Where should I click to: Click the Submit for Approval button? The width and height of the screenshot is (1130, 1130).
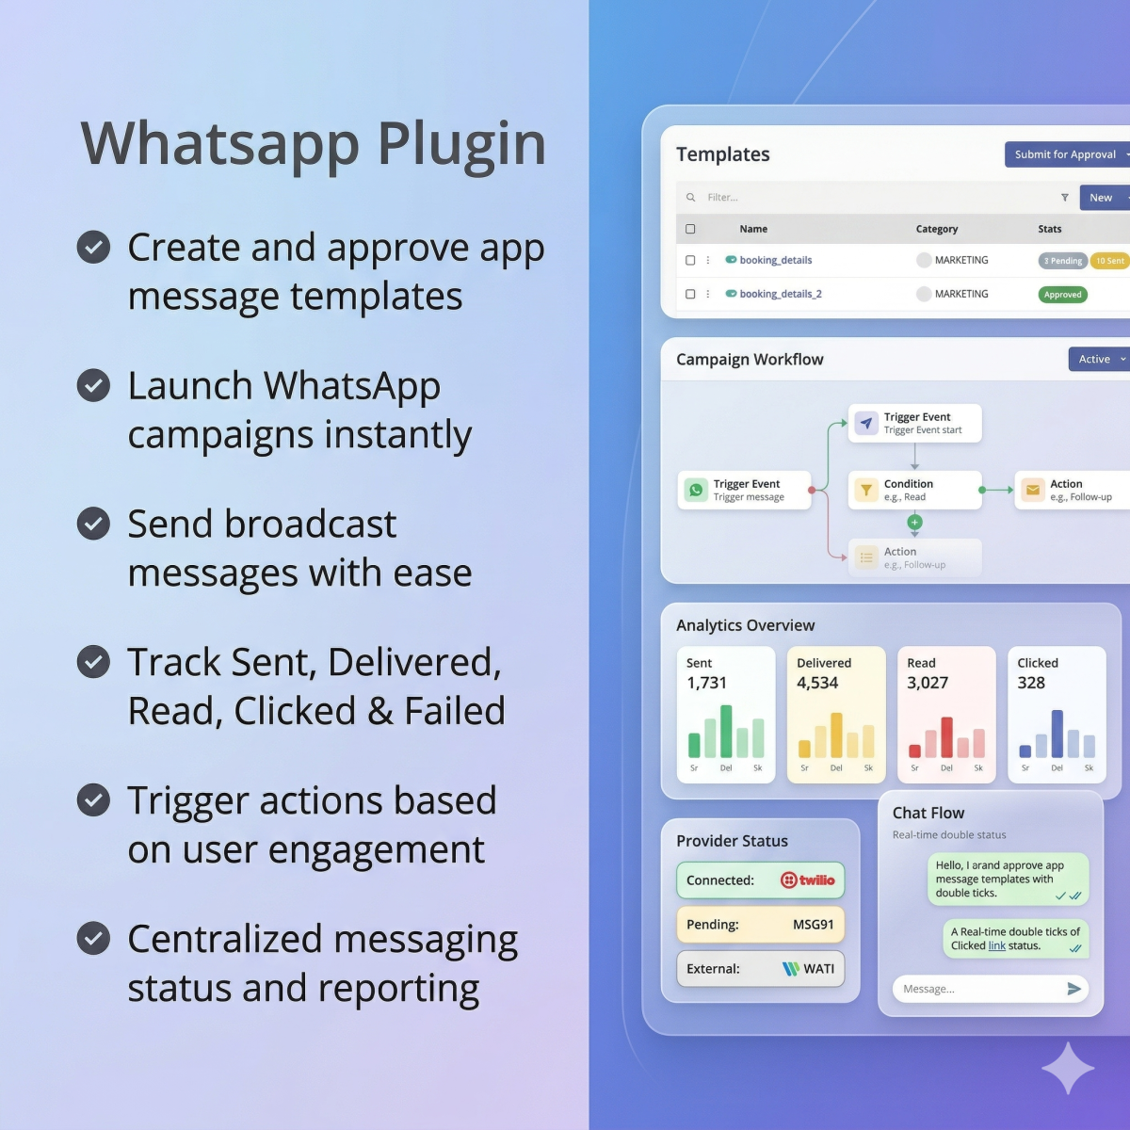1065,154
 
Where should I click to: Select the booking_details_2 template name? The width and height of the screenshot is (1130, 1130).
781,294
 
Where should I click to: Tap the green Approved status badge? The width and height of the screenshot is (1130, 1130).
1062,295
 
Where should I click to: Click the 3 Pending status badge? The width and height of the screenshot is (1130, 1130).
1062,261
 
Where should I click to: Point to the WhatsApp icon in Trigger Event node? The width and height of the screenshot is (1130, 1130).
696,490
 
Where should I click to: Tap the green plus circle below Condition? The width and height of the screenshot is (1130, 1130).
914,522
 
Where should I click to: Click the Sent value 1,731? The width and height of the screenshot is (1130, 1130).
706,683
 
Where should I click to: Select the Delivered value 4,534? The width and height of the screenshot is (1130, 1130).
817,683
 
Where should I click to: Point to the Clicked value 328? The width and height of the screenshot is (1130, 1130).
1031,683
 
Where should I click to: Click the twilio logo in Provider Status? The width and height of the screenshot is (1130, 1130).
808,880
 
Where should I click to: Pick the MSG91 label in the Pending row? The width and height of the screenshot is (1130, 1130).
813,925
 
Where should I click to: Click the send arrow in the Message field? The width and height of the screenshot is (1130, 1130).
1073,989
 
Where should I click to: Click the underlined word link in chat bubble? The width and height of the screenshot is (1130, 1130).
996,945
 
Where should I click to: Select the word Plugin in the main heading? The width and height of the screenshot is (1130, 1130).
461,144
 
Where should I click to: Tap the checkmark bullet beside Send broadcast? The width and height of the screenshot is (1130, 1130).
93,524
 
